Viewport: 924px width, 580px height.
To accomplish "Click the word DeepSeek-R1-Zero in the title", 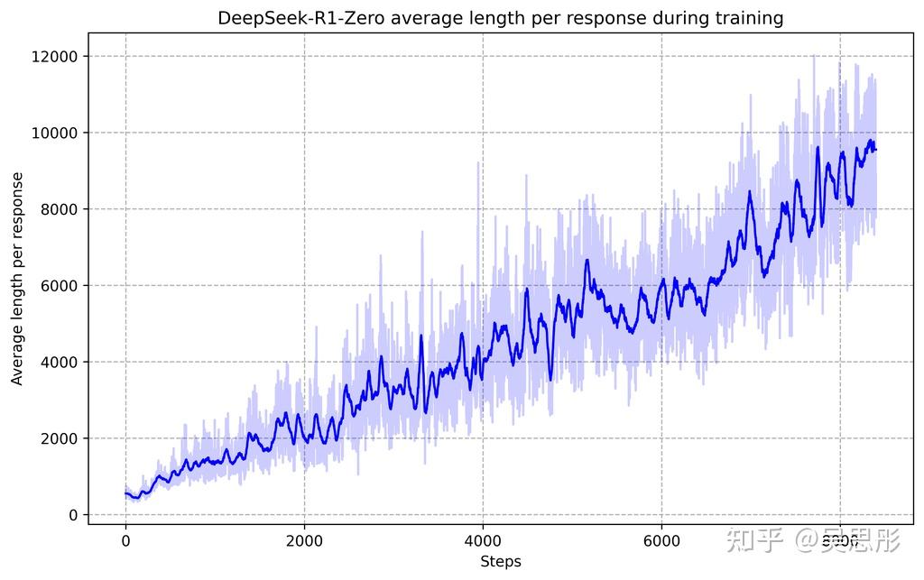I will (289, 18).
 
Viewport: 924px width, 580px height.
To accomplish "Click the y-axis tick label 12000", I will (57, 57).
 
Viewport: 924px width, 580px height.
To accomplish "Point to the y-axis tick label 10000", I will (57, 133).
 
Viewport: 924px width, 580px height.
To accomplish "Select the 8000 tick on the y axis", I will (60, 209).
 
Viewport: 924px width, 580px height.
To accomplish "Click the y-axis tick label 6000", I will (60, 286).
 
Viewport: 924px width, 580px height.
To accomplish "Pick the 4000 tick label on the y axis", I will (60, 362).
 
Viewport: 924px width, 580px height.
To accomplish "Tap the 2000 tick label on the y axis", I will (60, 438).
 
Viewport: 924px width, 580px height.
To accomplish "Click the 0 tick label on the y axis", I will (74, 515).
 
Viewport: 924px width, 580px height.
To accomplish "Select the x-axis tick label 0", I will (125, 540).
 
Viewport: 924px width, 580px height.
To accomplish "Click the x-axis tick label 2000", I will (304, 540).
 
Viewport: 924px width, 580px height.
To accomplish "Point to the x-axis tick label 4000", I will (483, 540).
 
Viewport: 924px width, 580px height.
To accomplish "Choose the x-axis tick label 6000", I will (661, 540).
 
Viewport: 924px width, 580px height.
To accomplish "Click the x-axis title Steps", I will (501, 561).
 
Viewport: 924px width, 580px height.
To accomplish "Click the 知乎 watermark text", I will (754, 542).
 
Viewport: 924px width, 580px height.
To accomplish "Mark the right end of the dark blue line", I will (875, 150).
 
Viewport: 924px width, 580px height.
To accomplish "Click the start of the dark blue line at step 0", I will (125, 493).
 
